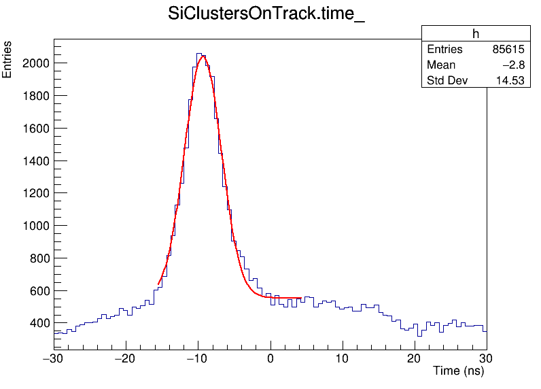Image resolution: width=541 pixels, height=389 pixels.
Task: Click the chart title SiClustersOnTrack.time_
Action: point(266,15)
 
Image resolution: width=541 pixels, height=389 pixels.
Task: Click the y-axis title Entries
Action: point(7,60)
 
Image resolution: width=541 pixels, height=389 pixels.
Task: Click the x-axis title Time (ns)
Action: point(458,371)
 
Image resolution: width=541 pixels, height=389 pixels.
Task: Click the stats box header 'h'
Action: point(475,34)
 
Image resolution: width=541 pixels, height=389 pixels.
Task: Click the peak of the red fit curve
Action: point(202,56)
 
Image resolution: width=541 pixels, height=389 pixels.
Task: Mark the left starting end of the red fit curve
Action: point(158,284)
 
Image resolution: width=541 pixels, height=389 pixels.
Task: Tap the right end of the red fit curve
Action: point(301,298)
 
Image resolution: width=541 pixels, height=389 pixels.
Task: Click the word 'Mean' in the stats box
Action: point(441,65)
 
